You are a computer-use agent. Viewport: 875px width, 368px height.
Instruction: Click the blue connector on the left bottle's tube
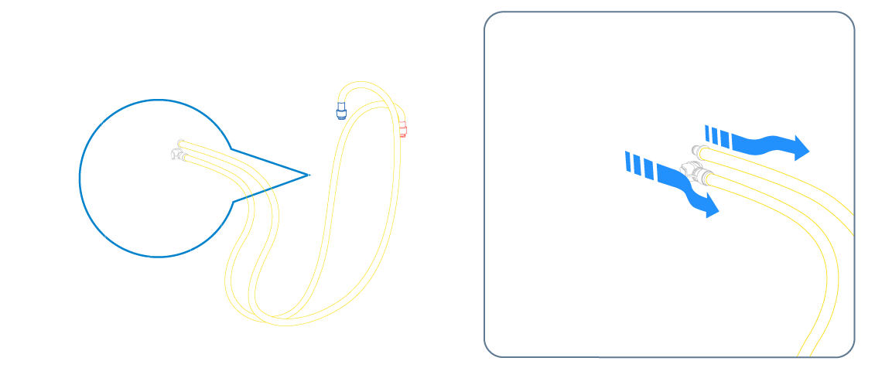[339, 104]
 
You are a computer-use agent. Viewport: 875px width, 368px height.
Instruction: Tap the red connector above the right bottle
[403, 126]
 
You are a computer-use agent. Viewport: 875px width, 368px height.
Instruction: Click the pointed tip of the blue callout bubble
[305, 171]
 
